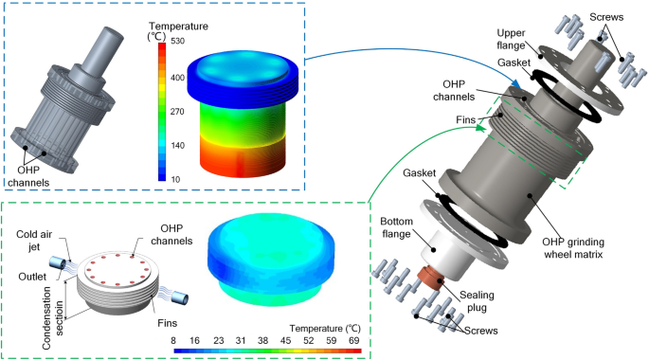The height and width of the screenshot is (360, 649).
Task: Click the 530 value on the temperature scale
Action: point(177,41)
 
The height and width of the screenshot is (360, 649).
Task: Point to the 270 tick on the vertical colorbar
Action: point(177,112)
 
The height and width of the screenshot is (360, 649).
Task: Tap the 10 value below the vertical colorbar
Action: point(175,179)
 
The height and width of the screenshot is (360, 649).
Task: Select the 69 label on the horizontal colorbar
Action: point(354,340)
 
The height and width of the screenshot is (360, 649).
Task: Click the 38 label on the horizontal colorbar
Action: point(262,340)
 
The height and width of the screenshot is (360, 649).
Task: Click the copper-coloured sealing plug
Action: point(430,278)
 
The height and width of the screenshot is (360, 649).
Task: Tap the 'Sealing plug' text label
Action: point(477,301)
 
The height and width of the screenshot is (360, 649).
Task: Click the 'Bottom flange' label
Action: point(397,227)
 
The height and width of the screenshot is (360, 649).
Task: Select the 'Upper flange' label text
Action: point(511,39)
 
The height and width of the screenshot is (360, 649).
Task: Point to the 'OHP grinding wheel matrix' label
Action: point(573,248)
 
